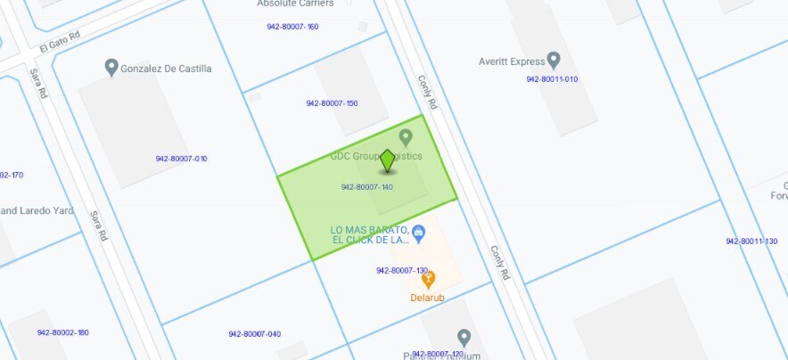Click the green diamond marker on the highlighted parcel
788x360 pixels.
coord(387,160)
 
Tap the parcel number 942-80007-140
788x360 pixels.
coord(367,187)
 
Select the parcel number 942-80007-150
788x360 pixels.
coord(332,103)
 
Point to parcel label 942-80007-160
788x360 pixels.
coord(292,27)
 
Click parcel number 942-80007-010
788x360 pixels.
coord(181,159)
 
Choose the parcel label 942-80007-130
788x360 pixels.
coord(402,270)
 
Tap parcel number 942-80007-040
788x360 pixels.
coord(254,334)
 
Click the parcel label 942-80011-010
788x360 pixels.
coord(552,79)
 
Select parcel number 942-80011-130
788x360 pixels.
coord(751,241)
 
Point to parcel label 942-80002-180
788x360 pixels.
coord(63,332)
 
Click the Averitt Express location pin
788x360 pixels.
coord(554,61)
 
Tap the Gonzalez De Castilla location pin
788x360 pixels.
coord(111,67)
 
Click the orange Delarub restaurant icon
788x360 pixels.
coord(429,279)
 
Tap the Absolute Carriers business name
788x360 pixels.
coord(295,4)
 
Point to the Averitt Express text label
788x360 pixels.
coord(511,61)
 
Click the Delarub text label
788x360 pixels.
coord(428,298)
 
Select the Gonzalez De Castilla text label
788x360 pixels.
coord(168,69)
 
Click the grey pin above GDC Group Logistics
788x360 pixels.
coord(406,137)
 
